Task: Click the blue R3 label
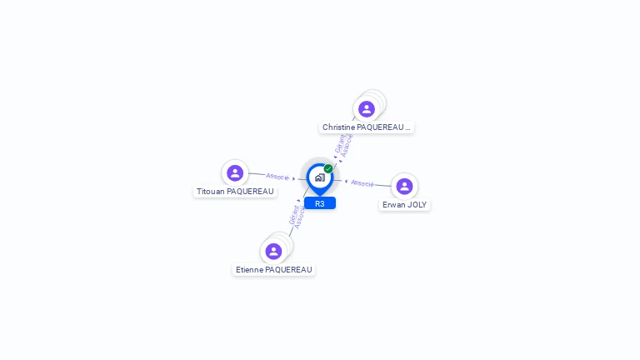(320, 203)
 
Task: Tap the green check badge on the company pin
(328, 169)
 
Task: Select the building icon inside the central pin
(319, 177)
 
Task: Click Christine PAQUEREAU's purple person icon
(367, 109)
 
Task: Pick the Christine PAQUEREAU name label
(367, 127)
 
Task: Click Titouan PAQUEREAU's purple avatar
(235, 173)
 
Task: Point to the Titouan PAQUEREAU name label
(235, 192)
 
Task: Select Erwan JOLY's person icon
(404, 187)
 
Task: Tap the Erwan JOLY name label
(405, 205)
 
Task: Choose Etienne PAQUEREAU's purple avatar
(273, 252)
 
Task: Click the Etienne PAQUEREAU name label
(274, 270)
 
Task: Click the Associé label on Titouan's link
(277, 177)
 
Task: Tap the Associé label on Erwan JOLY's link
(362, 183)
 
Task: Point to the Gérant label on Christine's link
(340, 142)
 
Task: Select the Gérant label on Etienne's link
(293, 215)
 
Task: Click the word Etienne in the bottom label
(248, 270)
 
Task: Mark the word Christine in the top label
(337, 127)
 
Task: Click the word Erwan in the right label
(393, 205)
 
